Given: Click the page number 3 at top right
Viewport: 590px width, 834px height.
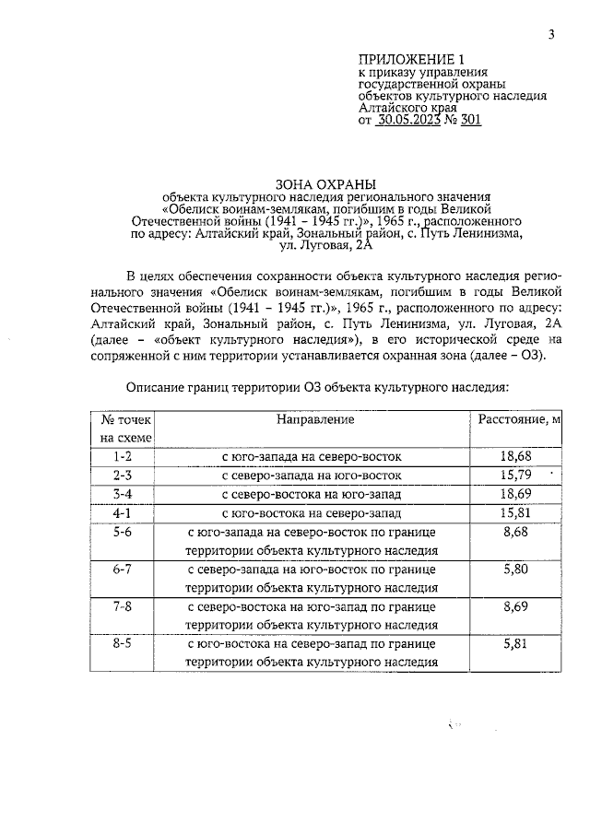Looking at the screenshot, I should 550,35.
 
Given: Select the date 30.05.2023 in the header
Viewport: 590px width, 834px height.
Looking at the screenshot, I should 412,119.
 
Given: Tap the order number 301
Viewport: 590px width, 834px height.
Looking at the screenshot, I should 469,119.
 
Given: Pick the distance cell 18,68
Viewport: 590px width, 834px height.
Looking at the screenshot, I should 516,457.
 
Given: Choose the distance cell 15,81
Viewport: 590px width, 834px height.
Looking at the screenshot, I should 516,514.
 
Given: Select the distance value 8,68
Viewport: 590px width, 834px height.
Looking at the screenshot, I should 516,533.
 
